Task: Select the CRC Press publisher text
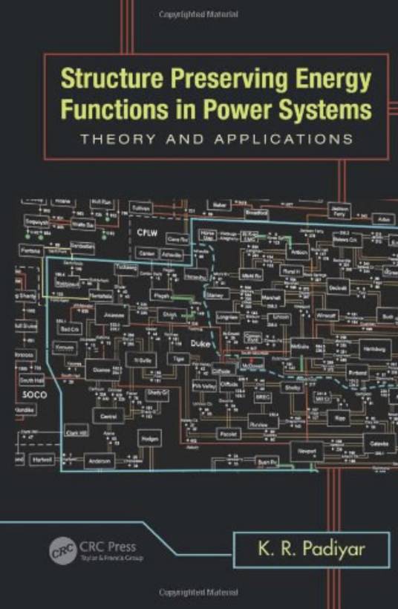click(110, 547)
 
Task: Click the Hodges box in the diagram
click(149, 437)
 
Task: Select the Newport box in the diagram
click(307, 451)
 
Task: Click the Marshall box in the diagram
click(272, 299)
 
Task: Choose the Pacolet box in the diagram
click(228, 433)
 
